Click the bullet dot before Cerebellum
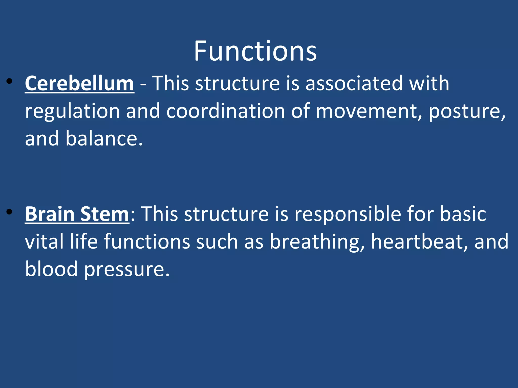point(9,81)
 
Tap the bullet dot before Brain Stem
point(9,212)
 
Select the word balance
point(104,139)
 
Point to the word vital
point(44,242)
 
